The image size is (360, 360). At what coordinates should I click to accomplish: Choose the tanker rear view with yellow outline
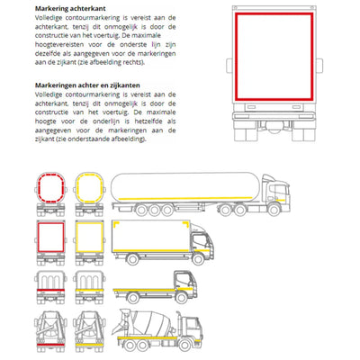click(89, 193)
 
